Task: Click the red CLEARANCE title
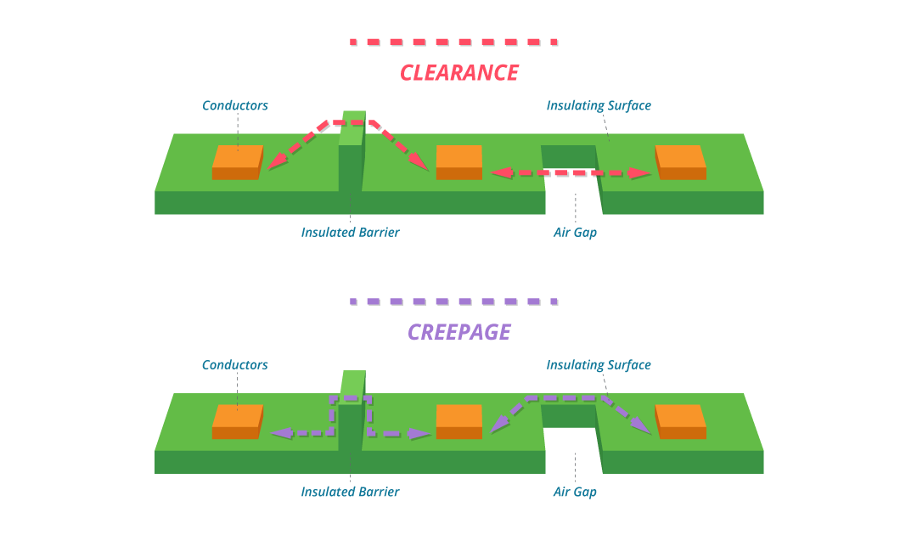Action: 459,73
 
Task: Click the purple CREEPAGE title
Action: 459,332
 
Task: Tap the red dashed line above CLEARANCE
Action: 453,42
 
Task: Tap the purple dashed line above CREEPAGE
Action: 453,301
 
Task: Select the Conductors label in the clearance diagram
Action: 235,106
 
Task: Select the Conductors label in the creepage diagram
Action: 235,365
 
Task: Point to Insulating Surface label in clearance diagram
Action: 599,106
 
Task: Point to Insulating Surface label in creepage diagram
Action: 599,365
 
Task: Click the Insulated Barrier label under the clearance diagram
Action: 350,233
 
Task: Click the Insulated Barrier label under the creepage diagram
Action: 350,492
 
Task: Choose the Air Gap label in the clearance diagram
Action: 575,233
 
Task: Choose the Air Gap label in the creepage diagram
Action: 575,492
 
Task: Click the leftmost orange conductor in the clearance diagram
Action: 237,162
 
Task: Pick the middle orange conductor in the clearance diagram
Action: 458,162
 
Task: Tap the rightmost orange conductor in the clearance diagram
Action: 681,162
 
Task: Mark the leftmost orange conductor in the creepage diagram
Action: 237,422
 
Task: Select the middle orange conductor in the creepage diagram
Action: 458,422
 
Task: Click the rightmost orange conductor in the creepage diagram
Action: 681,422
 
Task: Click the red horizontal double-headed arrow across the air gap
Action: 571,173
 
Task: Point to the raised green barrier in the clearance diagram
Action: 351,157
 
